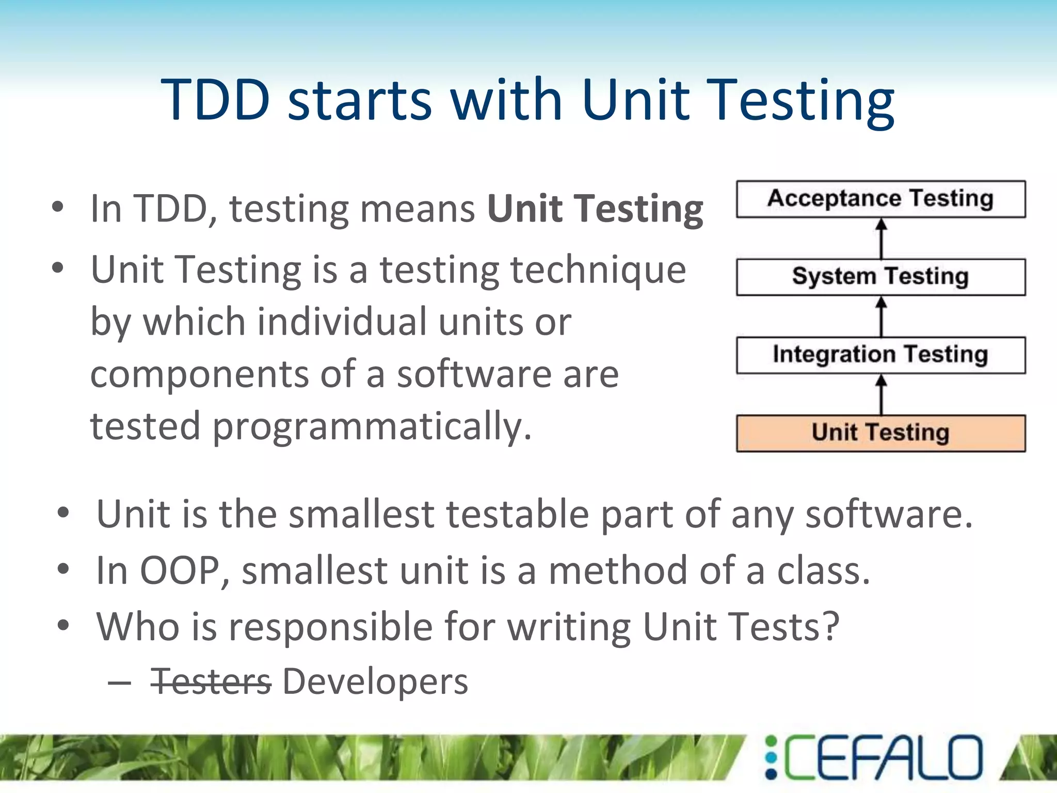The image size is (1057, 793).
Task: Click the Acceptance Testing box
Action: (x=880, y=199)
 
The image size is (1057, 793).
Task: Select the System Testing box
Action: (x=880, y=277)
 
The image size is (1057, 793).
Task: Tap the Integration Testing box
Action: (x=880, y=355)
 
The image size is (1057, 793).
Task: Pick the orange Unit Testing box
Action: (x=880, y=433)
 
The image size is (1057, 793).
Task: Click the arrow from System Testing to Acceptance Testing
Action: (x=882, y=238)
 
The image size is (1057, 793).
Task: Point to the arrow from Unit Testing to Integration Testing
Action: (x=882, y=394)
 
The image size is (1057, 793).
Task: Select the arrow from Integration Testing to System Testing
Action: (x=882, y=316)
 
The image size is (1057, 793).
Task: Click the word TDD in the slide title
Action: (x=216, y=99)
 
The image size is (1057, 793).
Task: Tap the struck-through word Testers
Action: (x=211, y=682)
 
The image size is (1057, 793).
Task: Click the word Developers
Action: (x=375, y=682)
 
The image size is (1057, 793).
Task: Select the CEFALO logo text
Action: (x=883, y=757)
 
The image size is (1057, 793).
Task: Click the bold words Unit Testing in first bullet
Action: (x=595, y=209)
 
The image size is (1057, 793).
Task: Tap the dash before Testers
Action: (x=120, y=683)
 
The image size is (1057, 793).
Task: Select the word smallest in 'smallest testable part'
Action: (x=361, y=515)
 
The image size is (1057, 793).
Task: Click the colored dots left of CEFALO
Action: (x=771, y=757)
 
